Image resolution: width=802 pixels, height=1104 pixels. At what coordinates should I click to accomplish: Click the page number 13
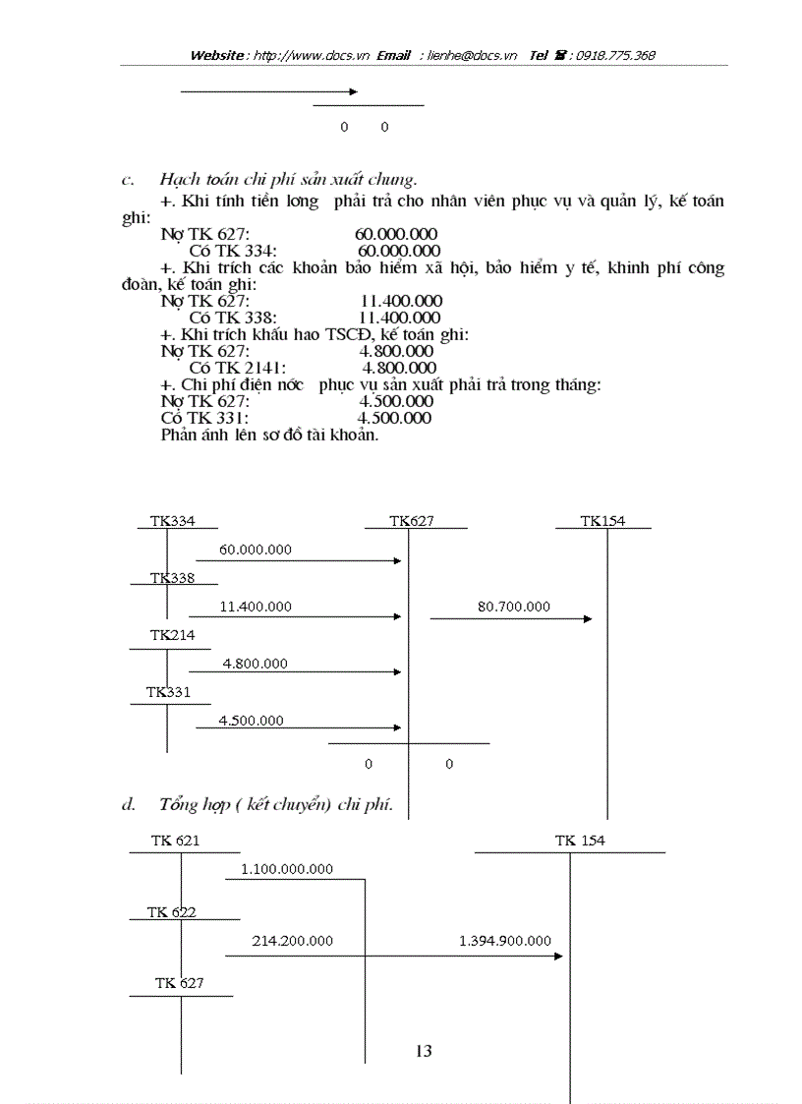point(424,1051)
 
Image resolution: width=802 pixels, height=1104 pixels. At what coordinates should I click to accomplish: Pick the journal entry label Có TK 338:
point(233,318)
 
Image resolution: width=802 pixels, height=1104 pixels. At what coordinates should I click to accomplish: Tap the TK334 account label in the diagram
point(172,521)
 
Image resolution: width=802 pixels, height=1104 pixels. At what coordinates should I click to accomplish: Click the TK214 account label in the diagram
point(172,635)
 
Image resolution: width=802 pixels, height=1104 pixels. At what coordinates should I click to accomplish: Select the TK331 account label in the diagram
point(168,692)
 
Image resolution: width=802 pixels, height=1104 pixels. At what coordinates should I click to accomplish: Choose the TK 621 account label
point(176,841)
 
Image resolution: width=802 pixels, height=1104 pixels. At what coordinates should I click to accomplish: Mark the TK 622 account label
point(172,912)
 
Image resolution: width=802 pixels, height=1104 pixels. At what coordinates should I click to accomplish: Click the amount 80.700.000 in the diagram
point(514,607)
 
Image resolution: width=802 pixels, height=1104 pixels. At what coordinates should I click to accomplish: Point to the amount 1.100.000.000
point(287,869)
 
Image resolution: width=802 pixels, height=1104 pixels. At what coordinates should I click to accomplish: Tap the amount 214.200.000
point(292,941)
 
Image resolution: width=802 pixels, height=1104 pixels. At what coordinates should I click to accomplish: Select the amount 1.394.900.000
point(505,941)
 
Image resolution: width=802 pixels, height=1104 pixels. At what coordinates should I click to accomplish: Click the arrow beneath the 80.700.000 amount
point(511,618)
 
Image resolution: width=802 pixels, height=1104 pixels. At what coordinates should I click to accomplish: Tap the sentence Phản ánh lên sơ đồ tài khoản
point(269,434)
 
